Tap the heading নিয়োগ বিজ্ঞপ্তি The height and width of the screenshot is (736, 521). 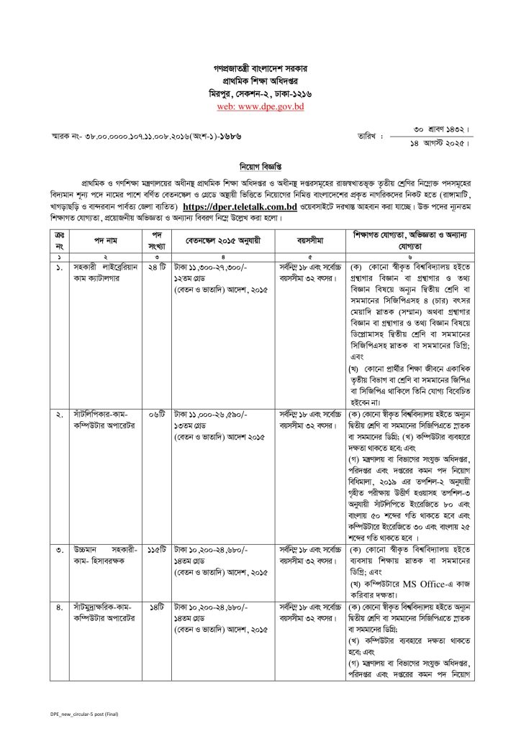pos(260,164)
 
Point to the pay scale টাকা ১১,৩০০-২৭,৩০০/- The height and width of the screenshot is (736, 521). pos(209,266)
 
